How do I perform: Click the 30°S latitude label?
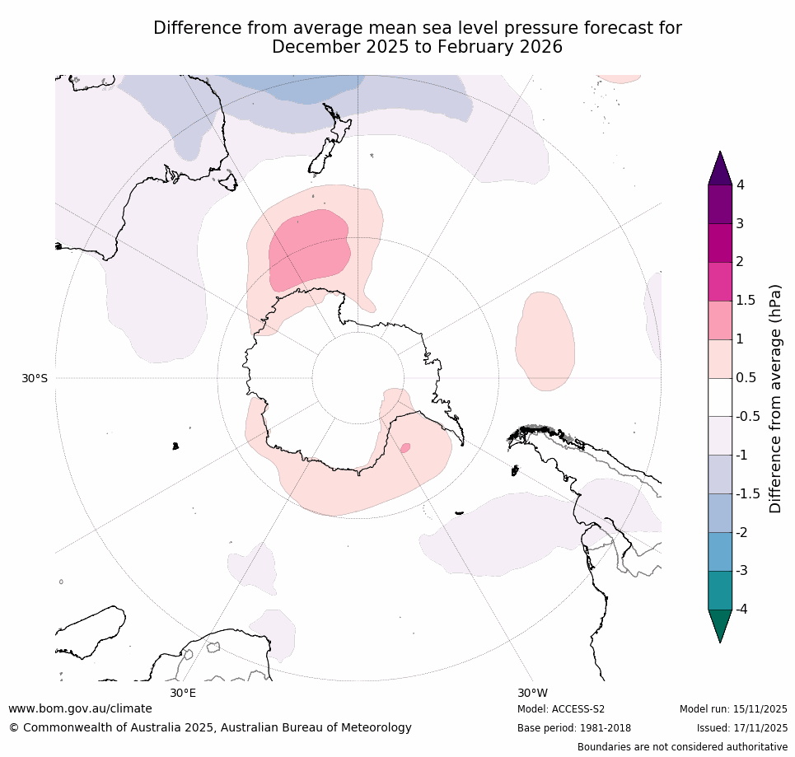pyautogui.click(x=35, y=378)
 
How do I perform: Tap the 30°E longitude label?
pyautogui.click(x=183, y=693)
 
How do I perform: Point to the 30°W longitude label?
pyautogui.click(x=532, y=693)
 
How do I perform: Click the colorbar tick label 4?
pyautogui.click(x=740, y=185)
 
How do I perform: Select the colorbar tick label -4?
pyautogui.click(x=742, y=609)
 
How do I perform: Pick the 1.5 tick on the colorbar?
pyautogui.click(x=745, y=301)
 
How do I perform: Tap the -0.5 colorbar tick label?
pyautogui.click(x=747, y=417)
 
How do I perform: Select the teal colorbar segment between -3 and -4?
pyautogui.click(x=721, y=590)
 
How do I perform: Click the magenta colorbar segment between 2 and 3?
pyautogui.click(x=721, y=243)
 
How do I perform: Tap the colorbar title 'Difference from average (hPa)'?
pyautogui.click(x=775, y=399)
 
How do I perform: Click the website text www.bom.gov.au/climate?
pyautogui.click(x=80, y=708)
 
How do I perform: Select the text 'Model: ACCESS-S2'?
pyautogui.click(x=561, y=709)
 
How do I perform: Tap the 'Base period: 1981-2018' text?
pyautogui.click(x=573, y=728)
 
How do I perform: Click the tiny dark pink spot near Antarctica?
pyautogui.click(x=405, y=448)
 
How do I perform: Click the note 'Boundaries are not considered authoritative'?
pyautogui.click(x=682, y=747)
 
